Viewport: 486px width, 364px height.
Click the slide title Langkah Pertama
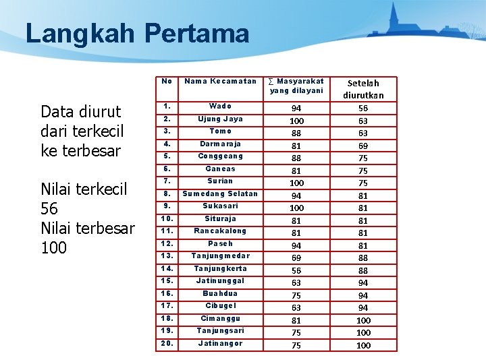click(x=137, y=33)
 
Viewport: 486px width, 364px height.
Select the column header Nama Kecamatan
click(x=220, y=82)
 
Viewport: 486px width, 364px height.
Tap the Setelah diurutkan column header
click(x=362, y=89)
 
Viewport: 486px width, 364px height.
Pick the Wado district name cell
click(x=220, y=106)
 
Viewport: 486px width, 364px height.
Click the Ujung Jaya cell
click(x=220, y=119)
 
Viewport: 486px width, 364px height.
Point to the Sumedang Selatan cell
click(x=220, y=193)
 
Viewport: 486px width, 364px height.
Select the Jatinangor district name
click(x=220, y=343)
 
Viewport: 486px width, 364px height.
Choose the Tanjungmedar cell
click(x=220, y=255)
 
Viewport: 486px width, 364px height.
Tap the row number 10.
click(x=167, y=218)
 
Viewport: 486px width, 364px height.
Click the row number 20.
click(x=167, y=343)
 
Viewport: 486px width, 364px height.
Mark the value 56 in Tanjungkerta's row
click(x=296, y=270)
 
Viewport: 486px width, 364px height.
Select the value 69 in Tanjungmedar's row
click(x=296, y=258)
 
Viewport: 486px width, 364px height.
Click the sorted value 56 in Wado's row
click(x=363, y=109)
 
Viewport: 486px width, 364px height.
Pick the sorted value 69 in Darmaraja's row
click(x=363, y=146)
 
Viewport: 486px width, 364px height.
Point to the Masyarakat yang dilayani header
click(x=296, y=86)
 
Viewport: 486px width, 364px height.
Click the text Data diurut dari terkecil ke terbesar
click(x=81, y=131)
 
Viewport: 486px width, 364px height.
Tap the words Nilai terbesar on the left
click(x=88, y=228)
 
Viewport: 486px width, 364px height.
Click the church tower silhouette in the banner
click(x=394, y=17)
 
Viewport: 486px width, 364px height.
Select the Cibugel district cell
click(x=220, y=305)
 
